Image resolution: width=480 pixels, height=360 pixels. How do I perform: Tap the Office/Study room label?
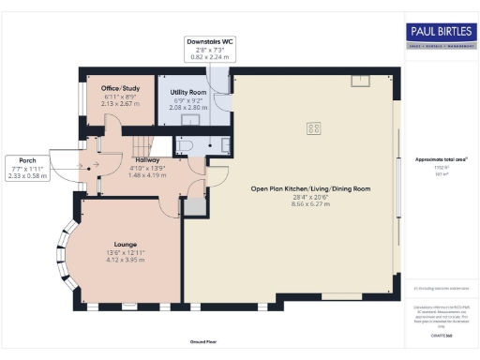[x=120, y=88]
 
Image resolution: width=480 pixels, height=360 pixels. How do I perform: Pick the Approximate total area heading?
[x=441, y=159]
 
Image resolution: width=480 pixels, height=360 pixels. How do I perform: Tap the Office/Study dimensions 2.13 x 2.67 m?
[x=120, y=103]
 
